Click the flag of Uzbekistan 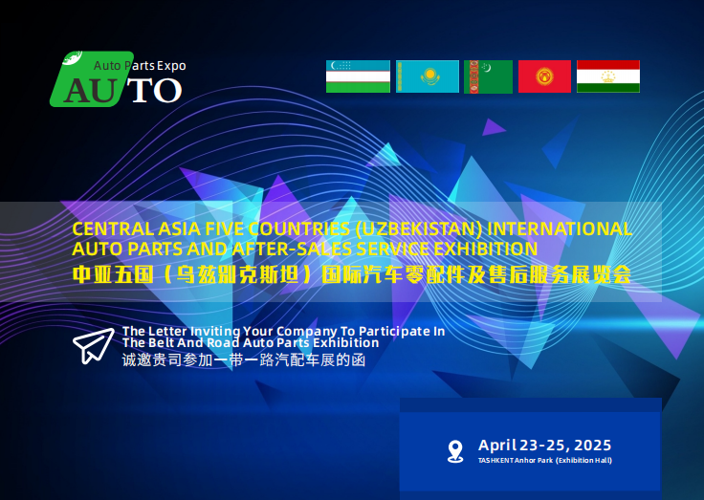coord(358,76)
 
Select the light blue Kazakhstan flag coord(428,76)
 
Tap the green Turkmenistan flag coord(488,76)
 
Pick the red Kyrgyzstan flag coord(544,76)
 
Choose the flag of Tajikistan coord(608,76)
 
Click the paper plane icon coord(94,345)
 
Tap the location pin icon coord(455,451)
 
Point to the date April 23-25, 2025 coord(544,446)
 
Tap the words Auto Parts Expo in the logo coord(140,66)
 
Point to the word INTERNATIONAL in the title coord(560,228)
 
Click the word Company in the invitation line coord(307,331)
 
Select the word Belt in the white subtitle coord(160,343)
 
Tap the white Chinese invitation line coord(244,360)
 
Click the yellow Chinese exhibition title coord(352,274)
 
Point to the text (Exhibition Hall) coord(583,461)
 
